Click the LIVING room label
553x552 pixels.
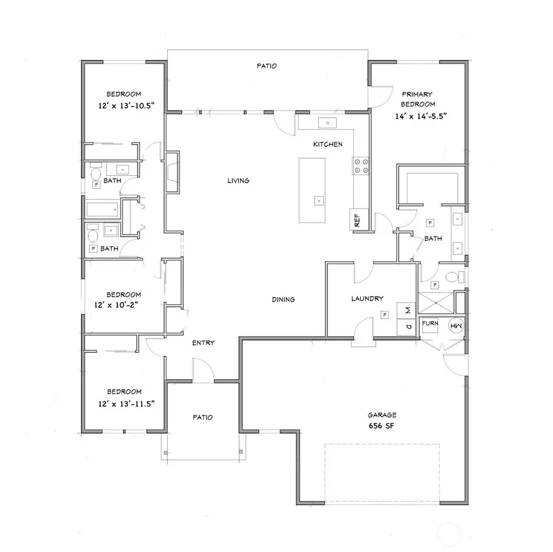coord(238,181)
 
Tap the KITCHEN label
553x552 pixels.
coord(327,144)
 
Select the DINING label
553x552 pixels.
coord(283,300)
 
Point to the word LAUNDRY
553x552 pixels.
coord(367,299)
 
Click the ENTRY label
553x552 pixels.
coord(203,343)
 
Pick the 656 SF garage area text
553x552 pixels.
coord(382,425)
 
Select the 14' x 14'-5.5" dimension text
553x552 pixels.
coord(418,116)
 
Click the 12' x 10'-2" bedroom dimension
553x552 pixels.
coord(124,304)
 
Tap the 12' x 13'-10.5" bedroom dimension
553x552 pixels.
coord(124,105)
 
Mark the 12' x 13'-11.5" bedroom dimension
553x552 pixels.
coord(124,403)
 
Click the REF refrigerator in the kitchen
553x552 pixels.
coord(356,219)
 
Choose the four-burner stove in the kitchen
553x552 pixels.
coord(360,165)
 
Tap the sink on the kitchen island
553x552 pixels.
coord(318,200)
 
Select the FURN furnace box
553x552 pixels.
coord(429,325)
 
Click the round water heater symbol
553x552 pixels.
coord(457,326)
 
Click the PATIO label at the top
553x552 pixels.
coord(267,66)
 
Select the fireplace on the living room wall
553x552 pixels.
coord(171,173)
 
